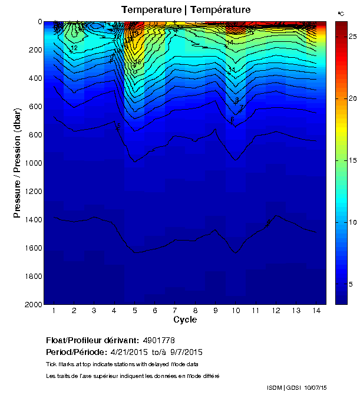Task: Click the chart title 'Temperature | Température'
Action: pos(186,9)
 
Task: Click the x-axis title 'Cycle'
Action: pos(185,320)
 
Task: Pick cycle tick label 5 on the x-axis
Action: pos(135,311)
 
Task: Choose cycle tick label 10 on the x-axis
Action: pos(236,311)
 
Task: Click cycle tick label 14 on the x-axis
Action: pos(316,311)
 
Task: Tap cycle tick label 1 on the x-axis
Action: pos(54,311)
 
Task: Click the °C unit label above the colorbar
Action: pos(341,13)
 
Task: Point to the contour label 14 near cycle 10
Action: pos(230,42)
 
